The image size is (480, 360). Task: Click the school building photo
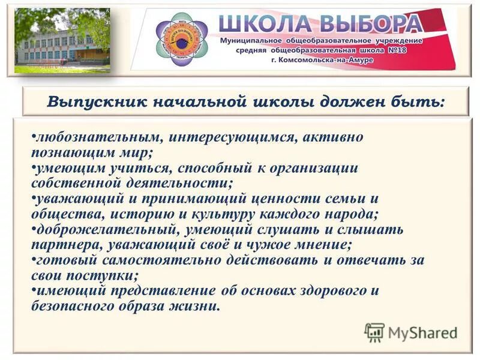pos(62,41)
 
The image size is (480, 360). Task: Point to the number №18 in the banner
pos(407,52)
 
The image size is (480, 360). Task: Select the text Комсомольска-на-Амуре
pos(359,62)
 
